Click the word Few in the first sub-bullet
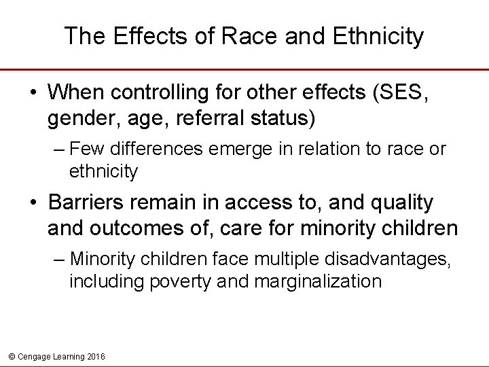coord(84,148)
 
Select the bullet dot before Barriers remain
coord(32,203)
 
